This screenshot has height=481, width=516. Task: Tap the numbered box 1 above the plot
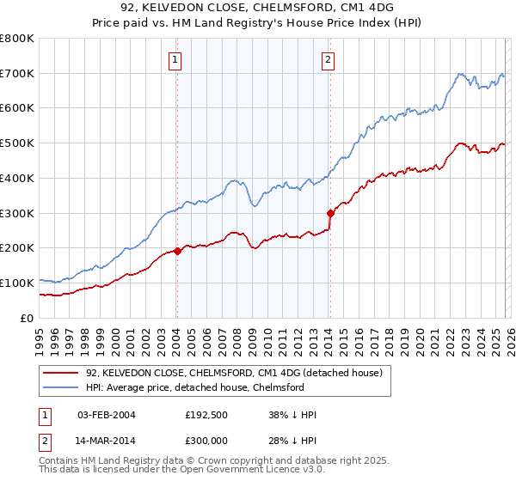[175, 59]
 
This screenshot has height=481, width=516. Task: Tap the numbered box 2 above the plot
[329, 59]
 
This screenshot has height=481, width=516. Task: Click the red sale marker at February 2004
[177, 251]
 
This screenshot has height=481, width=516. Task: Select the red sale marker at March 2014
[330, 213]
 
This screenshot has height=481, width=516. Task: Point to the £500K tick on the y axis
[19, 143]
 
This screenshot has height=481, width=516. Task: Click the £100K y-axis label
[19, 283]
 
